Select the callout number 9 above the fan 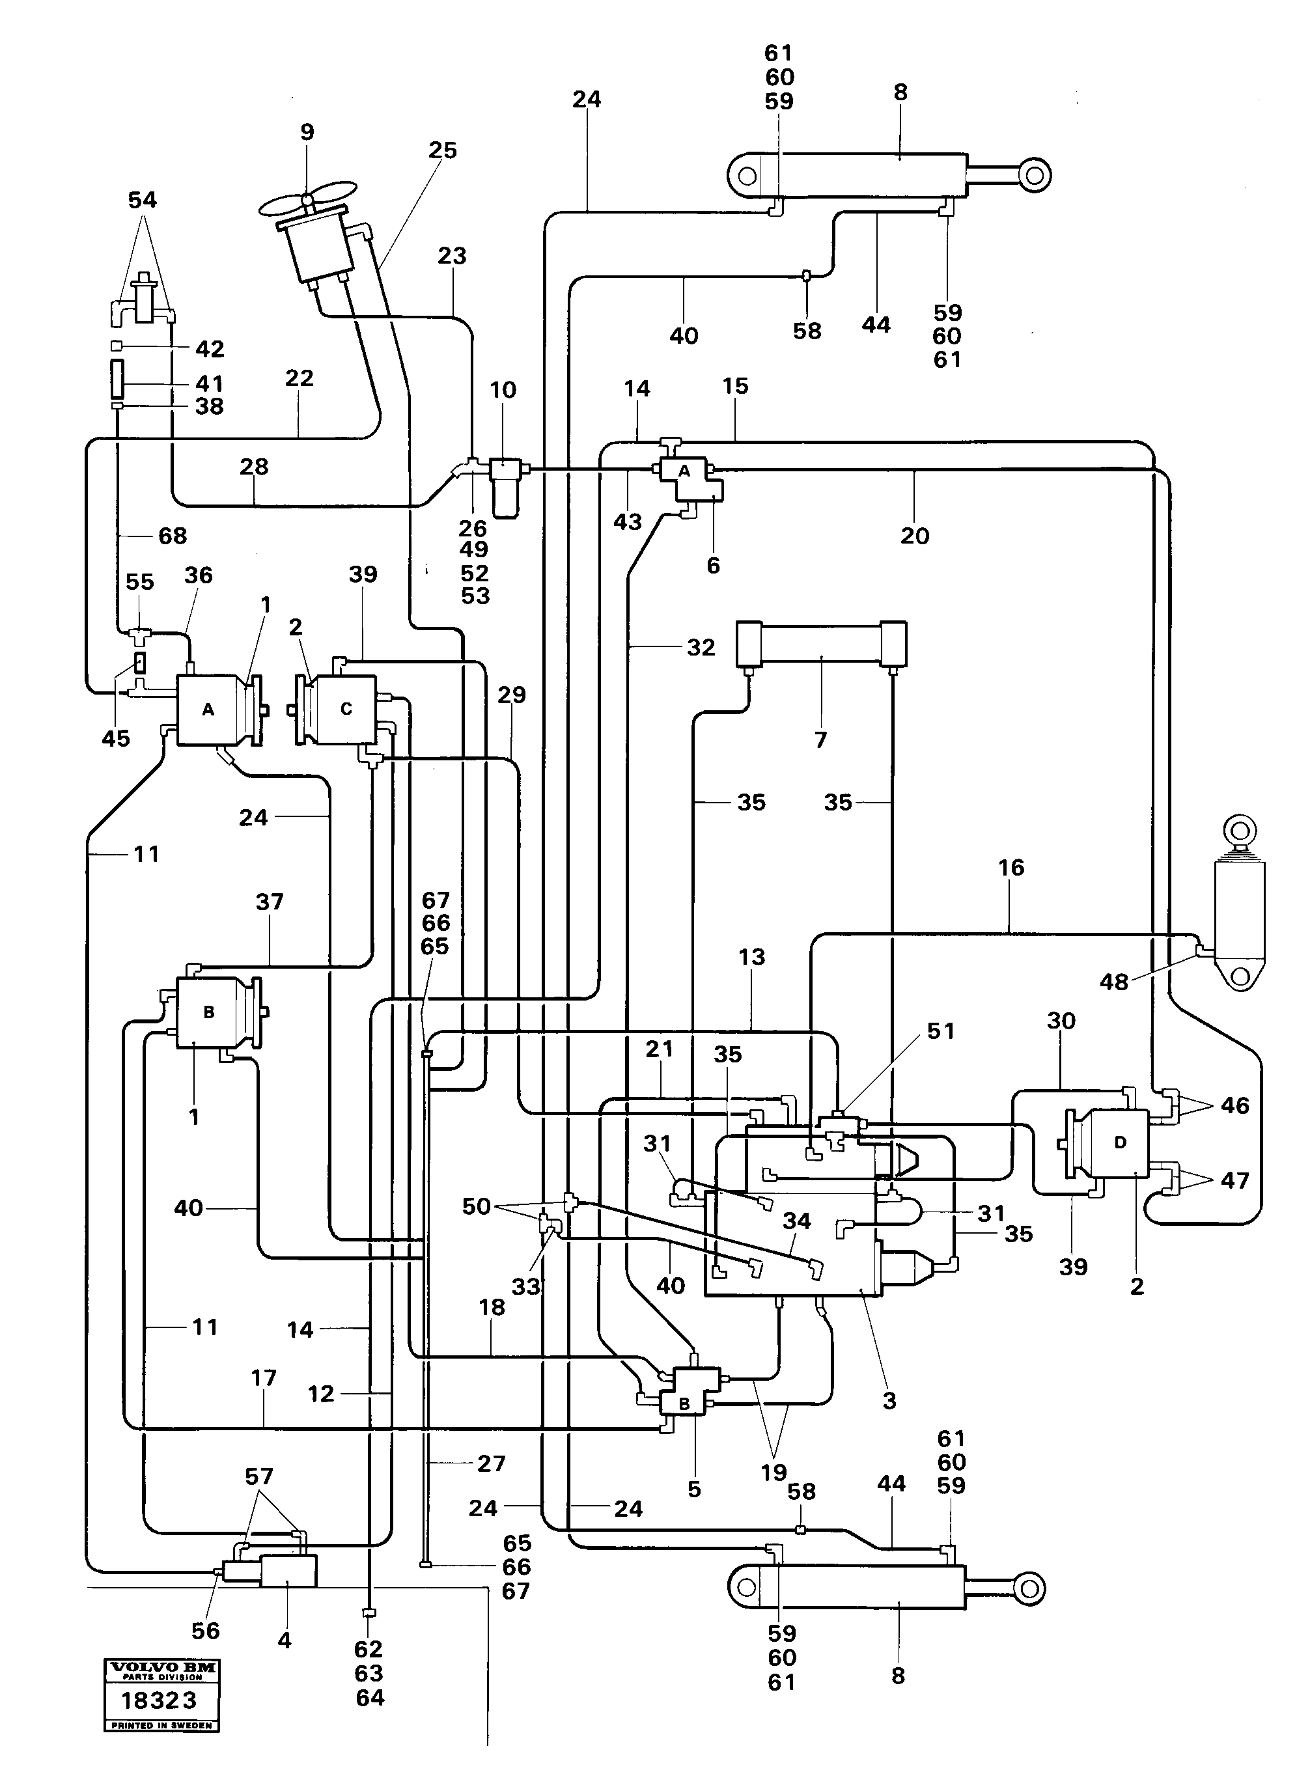[307, 132]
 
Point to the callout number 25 [443, 150]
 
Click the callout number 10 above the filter [503, 390]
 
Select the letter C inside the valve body [346, 709]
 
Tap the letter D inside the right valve [1120, 1143]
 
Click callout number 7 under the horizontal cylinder [821, 740]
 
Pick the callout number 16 [1011, 868]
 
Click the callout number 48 [1113, 982]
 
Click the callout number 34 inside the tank [796, 1221]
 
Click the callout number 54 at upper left [143, 201]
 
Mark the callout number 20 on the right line [914, 536]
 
